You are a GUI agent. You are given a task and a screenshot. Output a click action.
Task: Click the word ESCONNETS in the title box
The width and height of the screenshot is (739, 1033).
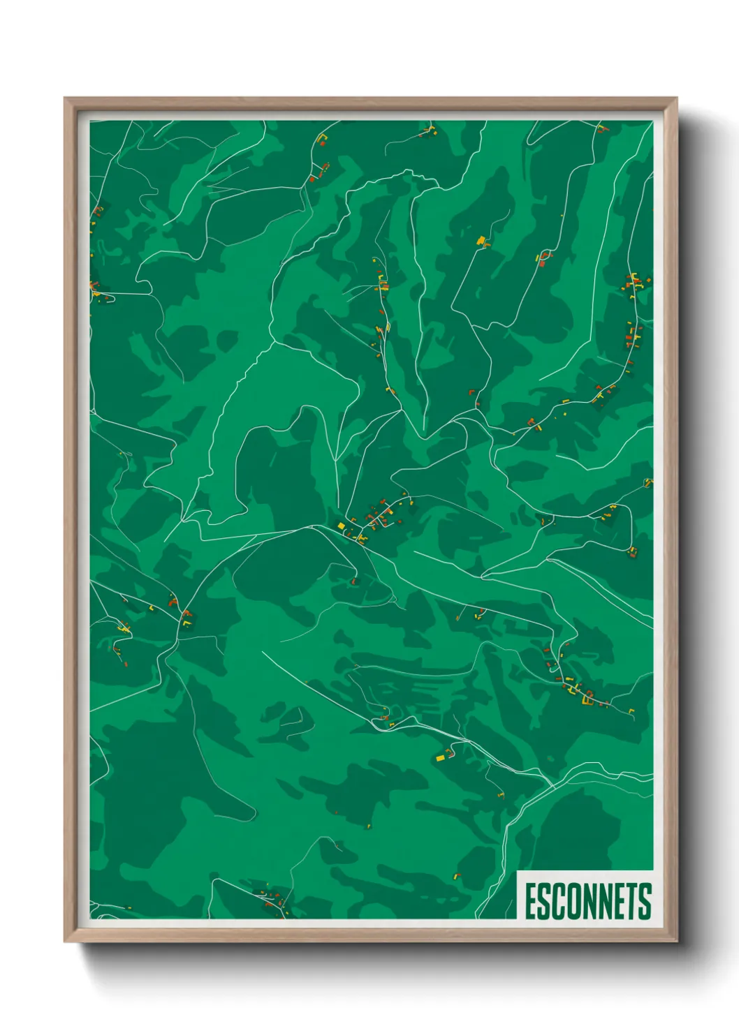tap(587, 902)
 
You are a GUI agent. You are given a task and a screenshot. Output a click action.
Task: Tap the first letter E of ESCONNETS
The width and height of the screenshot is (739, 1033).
tap(531, 902)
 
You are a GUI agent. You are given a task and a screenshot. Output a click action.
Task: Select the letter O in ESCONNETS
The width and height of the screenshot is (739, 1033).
tap(572, 902)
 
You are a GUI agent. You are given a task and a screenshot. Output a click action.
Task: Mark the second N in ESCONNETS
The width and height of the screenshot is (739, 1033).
tap(603, 902)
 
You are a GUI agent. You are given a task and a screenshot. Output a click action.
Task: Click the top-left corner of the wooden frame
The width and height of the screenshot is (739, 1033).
tap(66, 99)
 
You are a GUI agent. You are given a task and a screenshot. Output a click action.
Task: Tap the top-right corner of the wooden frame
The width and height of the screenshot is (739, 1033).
tap(675, 99)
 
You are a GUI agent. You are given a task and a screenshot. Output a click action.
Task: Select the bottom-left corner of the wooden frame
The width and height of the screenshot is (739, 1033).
tap(66, 940)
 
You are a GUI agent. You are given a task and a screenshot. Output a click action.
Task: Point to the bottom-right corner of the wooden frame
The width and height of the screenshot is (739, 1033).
tap(675, 940)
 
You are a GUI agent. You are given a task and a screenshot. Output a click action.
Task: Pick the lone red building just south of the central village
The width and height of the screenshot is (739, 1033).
tap(353, 581)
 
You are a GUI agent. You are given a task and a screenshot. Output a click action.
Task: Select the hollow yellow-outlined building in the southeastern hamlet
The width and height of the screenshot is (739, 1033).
tap(587, 695)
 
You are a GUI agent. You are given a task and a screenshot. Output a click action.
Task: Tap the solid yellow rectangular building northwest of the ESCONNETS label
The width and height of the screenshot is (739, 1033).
tap(441, 757)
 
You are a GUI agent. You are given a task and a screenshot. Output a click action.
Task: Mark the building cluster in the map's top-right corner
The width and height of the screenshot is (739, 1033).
tap(601, 129)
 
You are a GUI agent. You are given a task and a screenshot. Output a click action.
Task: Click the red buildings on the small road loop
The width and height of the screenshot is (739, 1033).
tap(545, 255)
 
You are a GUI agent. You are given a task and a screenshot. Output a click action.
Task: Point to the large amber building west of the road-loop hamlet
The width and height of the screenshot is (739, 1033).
tap(481, 241)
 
